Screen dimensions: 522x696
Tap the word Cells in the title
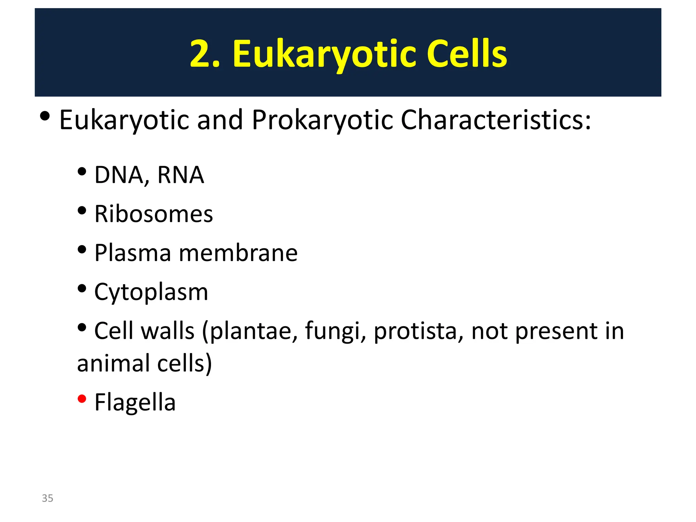(x=467, y=54)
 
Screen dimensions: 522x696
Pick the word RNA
(x=180, y=175)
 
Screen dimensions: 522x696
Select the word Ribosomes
(x=154, y=214)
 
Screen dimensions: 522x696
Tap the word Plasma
(x=133, y=253)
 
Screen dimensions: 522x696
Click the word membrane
(x=238, y=253)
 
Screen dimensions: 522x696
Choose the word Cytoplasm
(x=151, y=293)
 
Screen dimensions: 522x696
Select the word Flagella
(x=135, y=402)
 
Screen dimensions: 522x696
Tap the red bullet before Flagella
(x=82, y=398)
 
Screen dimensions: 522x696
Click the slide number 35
(x=48, y=498)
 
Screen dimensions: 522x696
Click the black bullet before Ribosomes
(x=82, y=210)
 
